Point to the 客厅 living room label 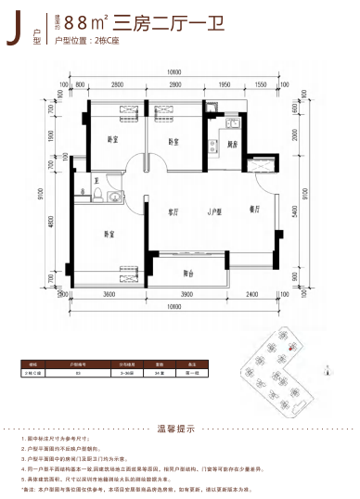tap(173, 211)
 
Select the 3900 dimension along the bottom tap(186, 294)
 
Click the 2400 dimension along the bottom tap(251, 294)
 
